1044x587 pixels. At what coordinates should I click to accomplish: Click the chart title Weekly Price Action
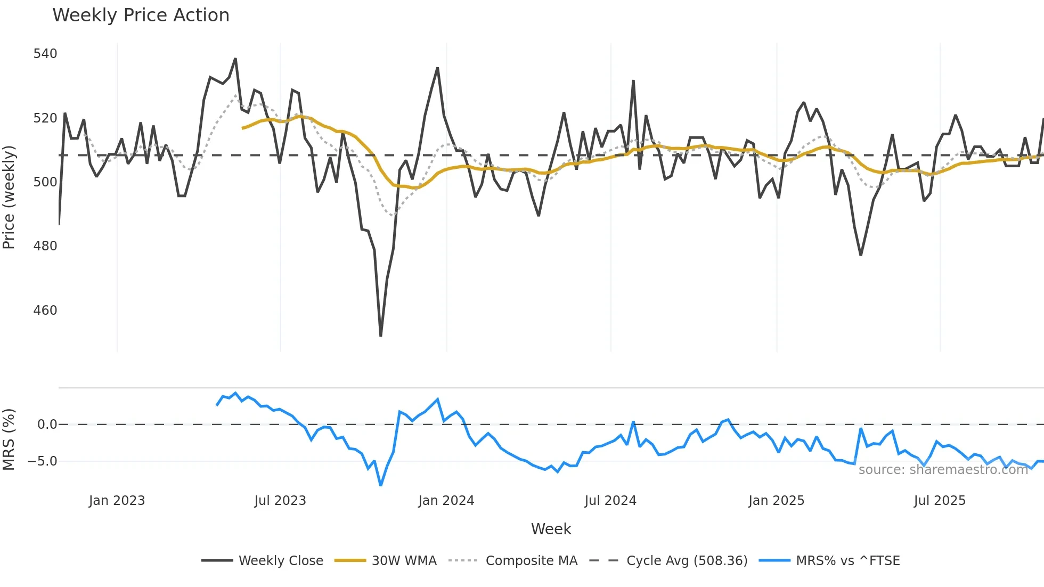coord(141,15)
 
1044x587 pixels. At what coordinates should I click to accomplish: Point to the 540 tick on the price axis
coord(45,54)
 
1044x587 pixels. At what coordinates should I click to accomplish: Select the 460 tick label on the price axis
coord(45,311)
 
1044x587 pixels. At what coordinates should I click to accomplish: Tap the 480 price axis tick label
coord(45,246)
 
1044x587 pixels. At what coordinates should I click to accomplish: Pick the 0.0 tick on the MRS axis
coord(47,425)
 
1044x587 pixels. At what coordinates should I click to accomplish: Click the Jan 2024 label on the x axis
coord(446,501)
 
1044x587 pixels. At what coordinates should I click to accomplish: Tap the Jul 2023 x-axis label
coord(280,501)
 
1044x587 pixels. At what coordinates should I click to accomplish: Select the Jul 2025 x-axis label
coord(940,501)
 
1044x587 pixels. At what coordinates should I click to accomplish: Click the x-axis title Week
coord(551,529)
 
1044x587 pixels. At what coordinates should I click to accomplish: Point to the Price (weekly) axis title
coord(9,197)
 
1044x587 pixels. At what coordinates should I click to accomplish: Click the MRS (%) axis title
coord(9,439)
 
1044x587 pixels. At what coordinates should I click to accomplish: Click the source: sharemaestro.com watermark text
coord(943,470)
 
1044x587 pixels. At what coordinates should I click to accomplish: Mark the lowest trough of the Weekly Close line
coord(381,336)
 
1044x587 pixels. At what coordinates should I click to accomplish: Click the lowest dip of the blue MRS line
coord(381,485)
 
